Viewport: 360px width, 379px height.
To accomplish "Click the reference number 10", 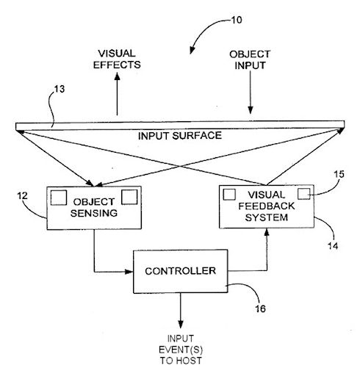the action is [x=237, y=20].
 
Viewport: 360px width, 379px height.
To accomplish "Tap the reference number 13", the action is [x=60, y=89].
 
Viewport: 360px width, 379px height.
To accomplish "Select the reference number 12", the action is [x=23, y=195].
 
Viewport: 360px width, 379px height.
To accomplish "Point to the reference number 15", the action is [x=339, y=174].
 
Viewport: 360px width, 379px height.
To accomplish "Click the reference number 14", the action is [x=333, y=245].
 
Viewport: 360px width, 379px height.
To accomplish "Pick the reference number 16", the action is [x=260, y=308].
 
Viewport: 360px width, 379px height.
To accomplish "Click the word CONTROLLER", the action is [x=181, y=271].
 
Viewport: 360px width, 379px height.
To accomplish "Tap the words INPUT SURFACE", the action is [x=180, y=136].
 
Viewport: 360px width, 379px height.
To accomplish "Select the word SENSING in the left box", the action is [x=94, y=213].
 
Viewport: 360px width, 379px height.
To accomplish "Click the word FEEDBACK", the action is [x=267, y=206].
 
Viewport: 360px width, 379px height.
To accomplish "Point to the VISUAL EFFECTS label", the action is [x=117, y=59].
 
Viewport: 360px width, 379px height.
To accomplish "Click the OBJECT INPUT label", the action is [x=250, y=60].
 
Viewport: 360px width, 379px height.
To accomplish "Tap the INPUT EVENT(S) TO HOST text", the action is [x=181, y=350].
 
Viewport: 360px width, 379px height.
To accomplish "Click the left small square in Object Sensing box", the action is [x=59, y=198].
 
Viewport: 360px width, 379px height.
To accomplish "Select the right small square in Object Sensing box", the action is [x=129, y=197].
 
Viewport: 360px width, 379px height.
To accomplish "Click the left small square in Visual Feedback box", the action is [x=229, y=194].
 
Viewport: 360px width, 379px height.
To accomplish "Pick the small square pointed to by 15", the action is [x=304, y=194].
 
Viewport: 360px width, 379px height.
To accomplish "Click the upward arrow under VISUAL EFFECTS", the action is [x=118, y=94].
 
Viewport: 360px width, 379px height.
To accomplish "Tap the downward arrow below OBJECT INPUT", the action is [x=251, y=93].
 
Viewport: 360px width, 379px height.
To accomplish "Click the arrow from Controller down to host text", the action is [x=181, y=311].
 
